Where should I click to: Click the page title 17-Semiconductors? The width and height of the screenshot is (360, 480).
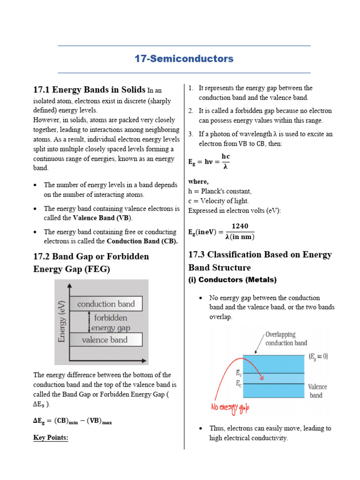184,59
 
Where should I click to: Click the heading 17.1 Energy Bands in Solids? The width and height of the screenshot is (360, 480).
89,90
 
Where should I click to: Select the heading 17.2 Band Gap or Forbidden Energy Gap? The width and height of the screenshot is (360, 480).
91,263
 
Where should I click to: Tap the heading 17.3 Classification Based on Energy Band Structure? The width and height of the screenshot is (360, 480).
260,261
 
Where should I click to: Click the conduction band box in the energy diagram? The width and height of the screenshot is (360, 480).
105,304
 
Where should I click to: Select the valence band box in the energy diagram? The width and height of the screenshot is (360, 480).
105,340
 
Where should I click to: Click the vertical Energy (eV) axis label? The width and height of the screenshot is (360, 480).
61,322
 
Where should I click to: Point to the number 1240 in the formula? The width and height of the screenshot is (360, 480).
240,226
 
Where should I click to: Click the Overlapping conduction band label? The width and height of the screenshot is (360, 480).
286,339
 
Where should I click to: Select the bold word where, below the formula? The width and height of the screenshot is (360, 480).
198,181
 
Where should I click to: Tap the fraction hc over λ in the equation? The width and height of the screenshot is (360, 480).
225,161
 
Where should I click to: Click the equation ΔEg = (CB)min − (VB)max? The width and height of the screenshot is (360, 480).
73,421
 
